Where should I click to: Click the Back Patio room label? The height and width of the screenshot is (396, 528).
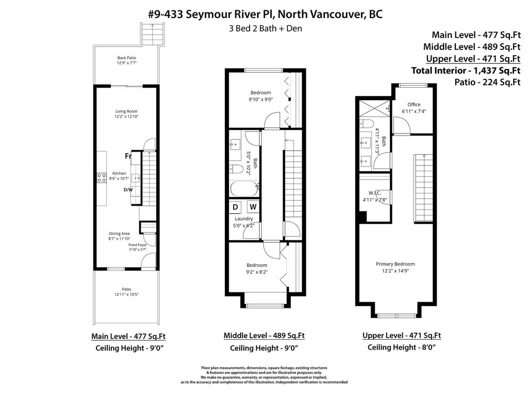coord(126,58)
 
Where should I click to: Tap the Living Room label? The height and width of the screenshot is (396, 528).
coord(126,111)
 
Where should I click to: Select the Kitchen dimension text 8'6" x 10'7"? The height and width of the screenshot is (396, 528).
coord(120,178)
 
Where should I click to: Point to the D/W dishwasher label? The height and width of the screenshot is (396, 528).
coord(128,190)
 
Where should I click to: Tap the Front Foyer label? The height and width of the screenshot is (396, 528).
coord(138,245)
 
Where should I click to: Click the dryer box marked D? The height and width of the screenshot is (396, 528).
coord(236,207)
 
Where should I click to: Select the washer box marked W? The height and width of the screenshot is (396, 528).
coord(253,207)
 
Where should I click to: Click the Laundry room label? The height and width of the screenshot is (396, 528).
coord(244,219)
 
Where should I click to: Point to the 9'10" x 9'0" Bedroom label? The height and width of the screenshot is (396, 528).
coord(260,93)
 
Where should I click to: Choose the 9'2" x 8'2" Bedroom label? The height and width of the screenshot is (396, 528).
coord(256,265)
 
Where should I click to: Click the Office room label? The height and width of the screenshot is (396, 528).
coord(414,105)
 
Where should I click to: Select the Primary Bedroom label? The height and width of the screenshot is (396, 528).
coord(395,264)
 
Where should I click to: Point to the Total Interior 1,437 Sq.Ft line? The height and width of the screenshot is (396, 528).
coord(466,70)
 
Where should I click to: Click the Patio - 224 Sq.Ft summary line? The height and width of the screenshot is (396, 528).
coord(487,81)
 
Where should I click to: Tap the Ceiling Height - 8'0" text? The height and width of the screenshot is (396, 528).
coord(402,348)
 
